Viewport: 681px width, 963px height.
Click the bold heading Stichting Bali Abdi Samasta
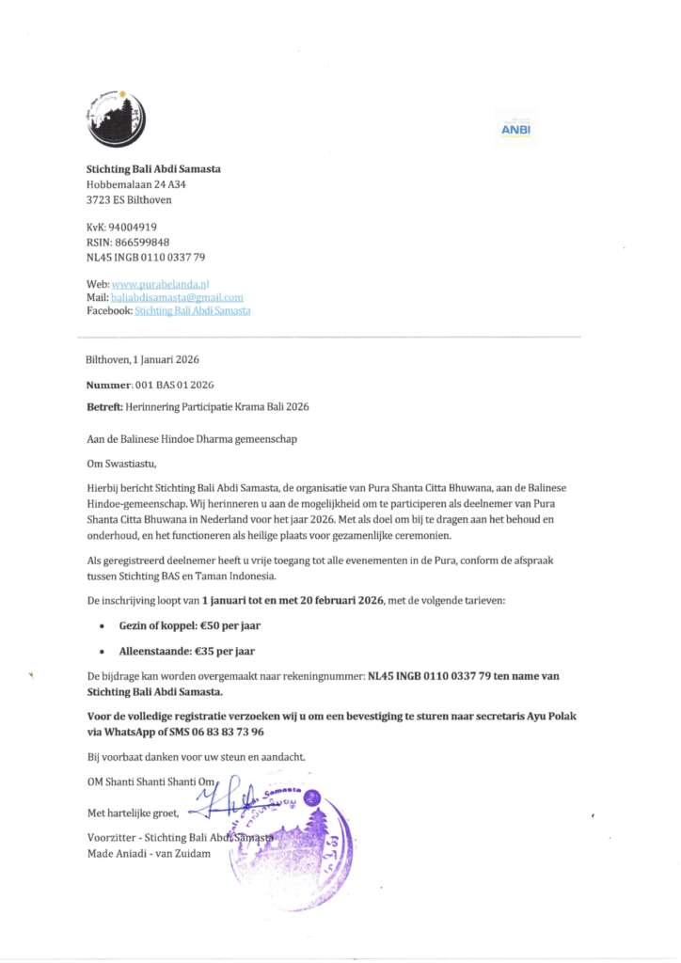tap(153, 169)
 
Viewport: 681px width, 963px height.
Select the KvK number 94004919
tap(134, 227)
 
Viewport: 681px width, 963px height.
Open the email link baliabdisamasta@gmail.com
tap(177, 297)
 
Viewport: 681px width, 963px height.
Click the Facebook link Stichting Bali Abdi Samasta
tap(193, 310)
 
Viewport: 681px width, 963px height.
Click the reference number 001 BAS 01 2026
tap(176, 386)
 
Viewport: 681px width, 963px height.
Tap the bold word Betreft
tap(104, 406)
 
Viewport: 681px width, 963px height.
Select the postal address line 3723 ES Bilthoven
tap(129, 199)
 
